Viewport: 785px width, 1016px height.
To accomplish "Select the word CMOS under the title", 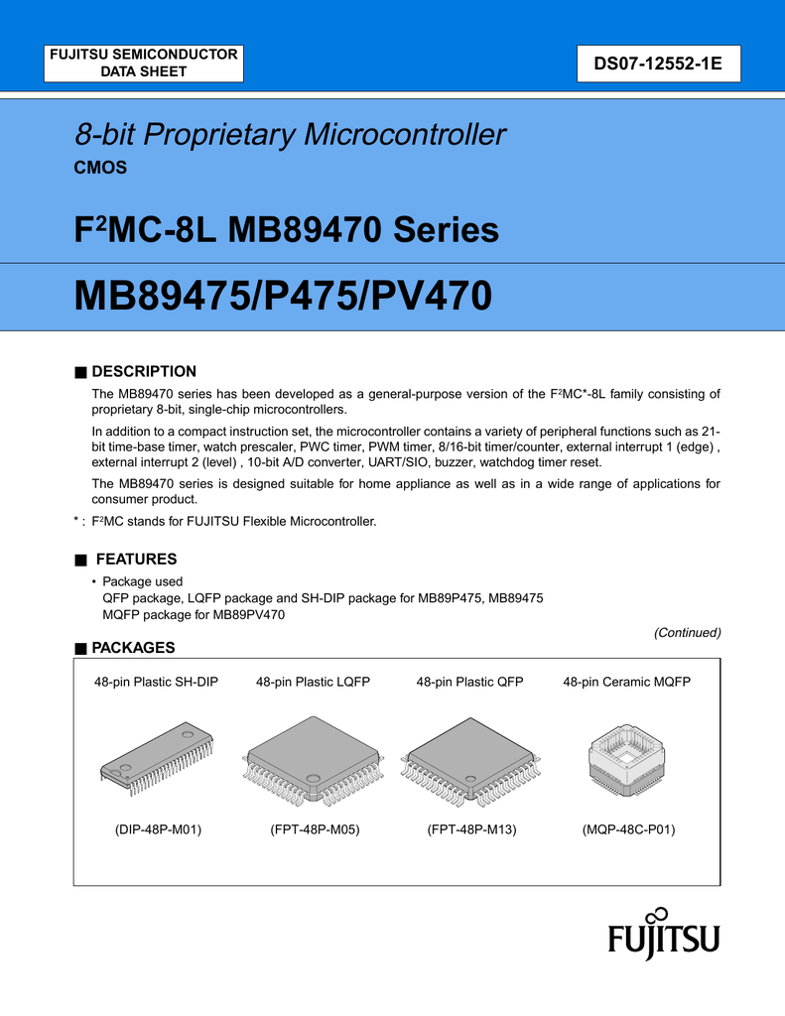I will pyautogui.click(x=100, y=168).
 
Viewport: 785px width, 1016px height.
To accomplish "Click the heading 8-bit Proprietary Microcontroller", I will pyautogui.click(x=290, y=135).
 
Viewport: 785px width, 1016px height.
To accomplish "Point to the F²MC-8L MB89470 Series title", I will pyautogui.click(x=287, y=231).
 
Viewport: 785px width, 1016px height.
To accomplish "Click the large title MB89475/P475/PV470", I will pyautogui.click(x=283, y=297).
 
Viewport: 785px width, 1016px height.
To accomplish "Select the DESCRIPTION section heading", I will pyautogui.click(x=143, y=371).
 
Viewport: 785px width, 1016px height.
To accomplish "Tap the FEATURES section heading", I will pyautogui.click(x=133, y=559).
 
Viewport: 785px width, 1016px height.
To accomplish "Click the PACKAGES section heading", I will pyautogui.click(x=132, y=648).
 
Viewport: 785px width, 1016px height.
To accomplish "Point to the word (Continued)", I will pyautogui.click(x=687, y=632).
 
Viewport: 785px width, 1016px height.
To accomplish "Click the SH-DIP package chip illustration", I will pyautogui.click(x=157, y=759).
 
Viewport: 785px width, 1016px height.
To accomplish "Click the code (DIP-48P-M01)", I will pyautogui.click(x=153, y=829).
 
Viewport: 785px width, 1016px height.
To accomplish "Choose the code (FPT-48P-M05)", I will pyautogui.click(x=314, y=829).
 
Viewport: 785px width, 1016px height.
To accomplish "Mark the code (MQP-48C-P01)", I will pyautogui.click(x=628, y=829).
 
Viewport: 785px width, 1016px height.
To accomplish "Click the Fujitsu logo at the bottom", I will pyautogui.click(x=663, y=936).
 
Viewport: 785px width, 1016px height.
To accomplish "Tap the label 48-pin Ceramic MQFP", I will pyautogui.click(x=627, y=682).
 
